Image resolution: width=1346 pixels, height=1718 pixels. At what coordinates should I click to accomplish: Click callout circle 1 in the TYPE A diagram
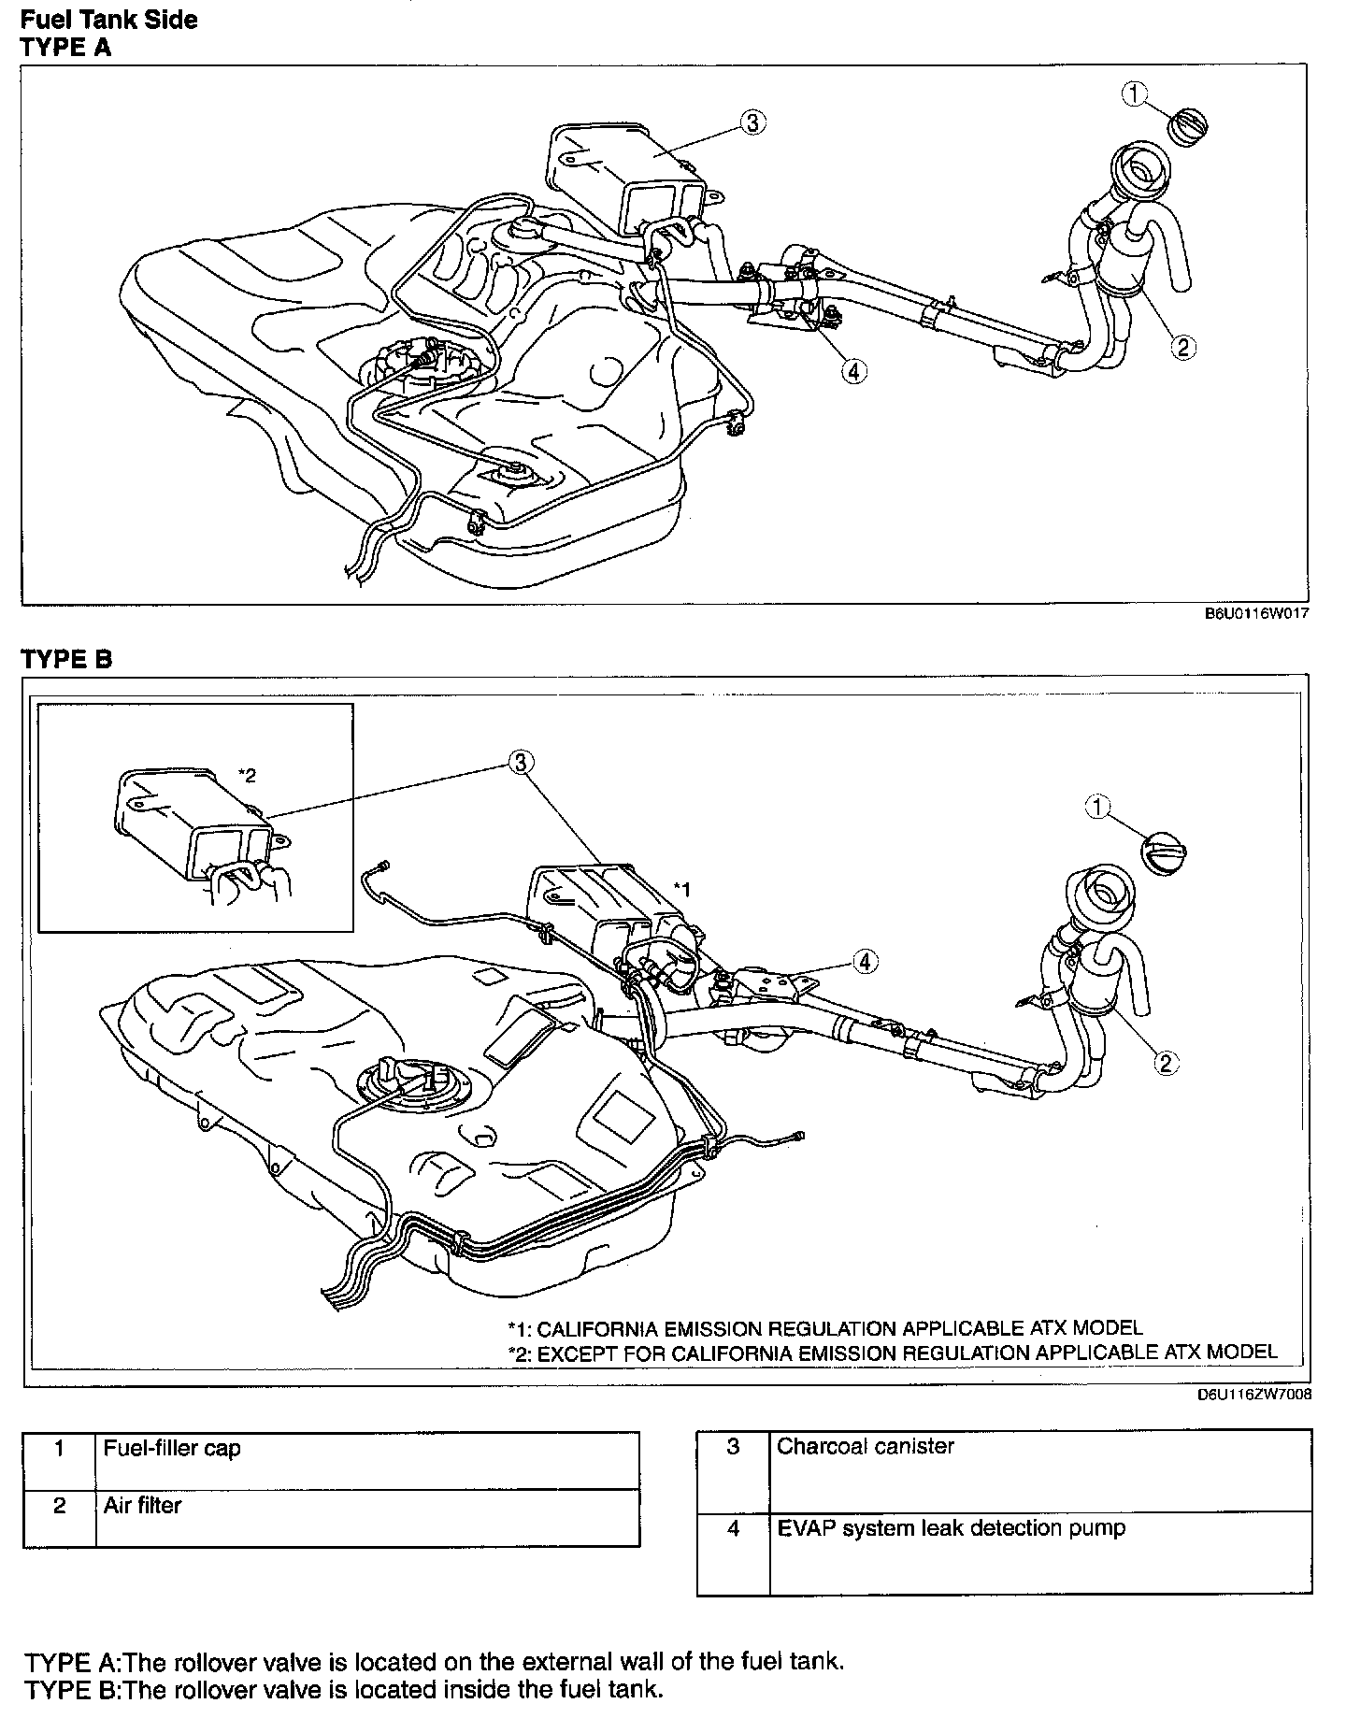pos(1135,93)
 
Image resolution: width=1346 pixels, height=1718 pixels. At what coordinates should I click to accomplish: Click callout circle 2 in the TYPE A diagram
pos(1182,348)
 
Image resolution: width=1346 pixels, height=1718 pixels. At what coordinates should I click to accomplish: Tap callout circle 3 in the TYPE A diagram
pos(753,122)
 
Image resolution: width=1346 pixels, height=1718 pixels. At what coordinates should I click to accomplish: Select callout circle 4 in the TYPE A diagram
pos(852,371)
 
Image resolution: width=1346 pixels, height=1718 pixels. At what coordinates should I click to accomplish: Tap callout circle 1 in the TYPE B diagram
pos(1098,807)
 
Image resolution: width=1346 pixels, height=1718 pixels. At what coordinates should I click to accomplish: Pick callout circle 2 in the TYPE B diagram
pos(1166,1062)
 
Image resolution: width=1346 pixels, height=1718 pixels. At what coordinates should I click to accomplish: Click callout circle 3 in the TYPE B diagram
pos(521,763)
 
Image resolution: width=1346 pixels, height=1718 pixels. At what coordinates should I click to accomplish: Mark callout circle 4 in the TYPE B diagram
pos(866,960)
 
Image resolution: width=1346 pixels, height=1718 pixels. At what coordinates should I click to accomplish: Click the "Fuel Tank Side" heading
pos(108,20)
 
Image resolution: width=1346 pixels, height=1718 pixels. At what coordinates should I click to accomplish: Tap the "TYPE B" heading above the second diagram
pos(66,659)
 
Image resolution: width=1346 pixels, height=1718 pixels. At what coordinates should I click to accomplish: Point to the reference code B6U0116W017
pos(1255,614)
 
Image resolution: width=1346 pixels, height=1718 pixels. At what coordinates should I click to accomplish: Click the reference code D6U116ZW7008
pos(1253,1394)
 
